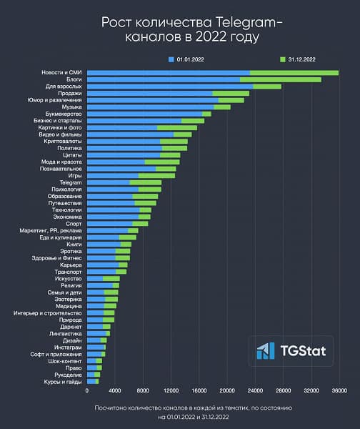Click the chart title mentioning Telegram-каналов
(180, 29)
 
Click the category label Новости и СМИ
(63, 73)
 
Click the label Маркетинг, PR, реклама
(51, 230)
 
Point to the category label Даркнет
(71, 326)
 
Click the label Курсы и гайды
(66, 381)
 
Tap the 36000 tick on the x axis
(339, 391)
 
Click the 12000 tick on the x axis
(171, 391)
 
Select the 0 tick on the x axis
(87, 391)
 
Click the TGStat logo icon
(266, 350)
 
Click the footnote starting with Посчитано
(180, 411)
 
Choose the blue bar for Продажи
(149, 93)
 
